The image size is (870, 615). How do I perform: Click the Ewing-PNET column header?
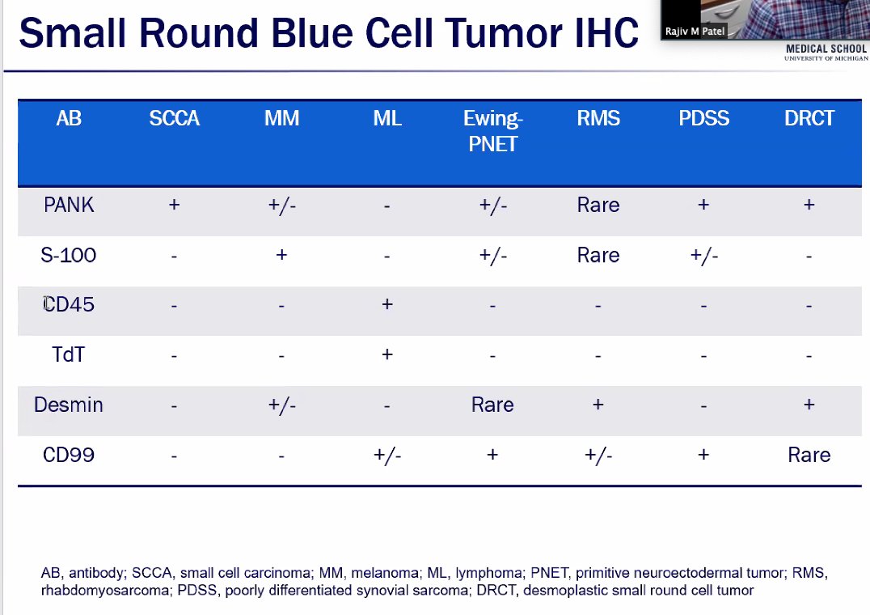point(492,131)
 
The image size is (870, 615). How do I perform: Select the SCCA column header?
point(174,119)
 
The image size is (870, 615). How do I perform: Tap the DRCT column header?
point(809,119)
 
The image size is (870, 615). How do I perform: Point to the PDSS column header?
point(703,119)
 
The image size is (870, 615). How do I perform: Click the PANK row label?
point(69,206)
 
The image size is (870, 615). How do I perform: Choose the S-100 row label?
point(69,256)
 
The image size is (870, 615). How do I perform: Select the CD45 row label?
point(69,305)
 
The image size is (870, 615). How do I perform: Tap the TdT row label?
point(69,354)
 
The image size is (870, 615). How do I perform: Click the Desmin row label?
point(69,405)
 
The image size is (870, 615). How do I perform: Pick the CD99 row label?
point(69,455)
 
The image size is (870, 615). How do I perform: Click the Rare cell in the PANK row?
point(598,206)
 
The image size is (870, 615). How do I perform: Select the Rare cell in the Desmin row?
point(492,405)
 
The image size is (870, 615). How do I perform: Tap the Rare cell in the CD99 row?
point(809,455)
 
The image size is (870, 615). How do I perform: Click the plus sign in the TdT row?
point(387,354)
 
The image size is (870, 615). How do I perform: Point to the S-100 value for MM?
point(281,256)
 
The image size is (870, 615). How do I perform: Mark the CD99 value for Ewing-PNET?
point(492,455)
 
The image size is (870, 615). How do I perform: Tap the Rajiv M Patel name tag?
point(695,32)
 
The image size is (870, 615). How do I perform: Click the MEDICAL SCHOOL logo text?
point(826,49)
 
